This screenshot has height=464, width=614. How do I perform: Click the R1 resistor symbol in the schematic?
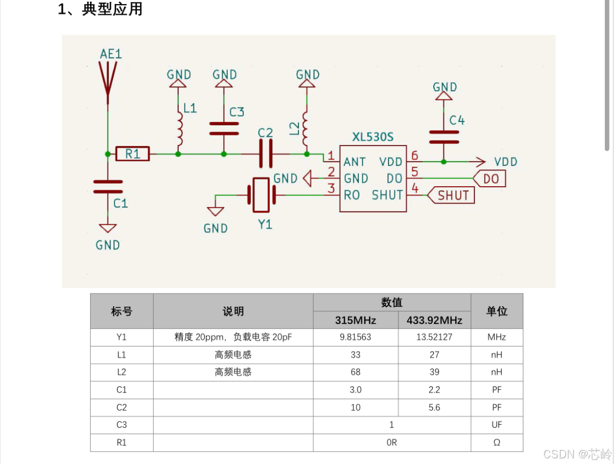coord(132,153)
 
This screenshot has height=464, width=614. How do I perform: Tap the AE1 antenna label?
coord(111,54)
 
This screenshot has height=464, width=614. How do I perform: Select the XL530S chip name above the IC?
coord(373,137)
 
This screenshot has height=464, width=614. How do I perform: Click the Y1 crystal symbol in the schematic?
coord(261,194)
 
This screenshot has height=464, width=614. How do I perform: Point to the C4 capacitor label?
coord(457,121)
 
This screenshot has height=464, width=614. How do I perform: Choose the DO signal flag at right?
coord(490,179)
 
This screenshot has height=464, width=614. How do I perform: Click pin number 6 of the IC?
coord(415,156)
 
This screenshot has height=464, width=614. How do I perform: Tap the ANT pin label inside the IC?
coord(354,162)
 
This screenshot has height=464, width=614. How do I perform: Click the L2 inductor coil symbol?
coord(306,129)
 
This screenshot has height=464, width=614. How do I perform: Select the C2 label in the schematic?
coord(265,133)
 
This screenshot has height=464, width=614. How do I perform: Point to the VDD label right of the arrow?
coord(506,162)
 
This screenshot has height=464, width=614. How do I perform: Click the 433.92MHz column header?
coord(434,320)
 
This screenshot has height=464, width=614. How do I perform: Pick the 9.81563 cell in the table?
coord(355,337)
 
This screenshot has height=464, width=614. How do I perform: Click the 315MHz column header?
coord(355,320)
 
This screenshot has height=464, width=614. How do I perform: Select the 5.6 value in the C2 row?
coord(434,408)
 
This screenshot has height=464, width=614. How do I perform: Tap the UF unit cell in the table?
coord(496,425)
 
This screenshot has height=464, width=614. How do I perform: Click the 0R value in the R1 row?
coord(392,443)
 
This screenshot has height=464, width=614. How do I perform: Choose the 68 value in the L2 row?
coord(355,372)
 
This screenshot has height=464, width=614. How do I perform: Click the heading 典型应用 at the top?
coord(112,9)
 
